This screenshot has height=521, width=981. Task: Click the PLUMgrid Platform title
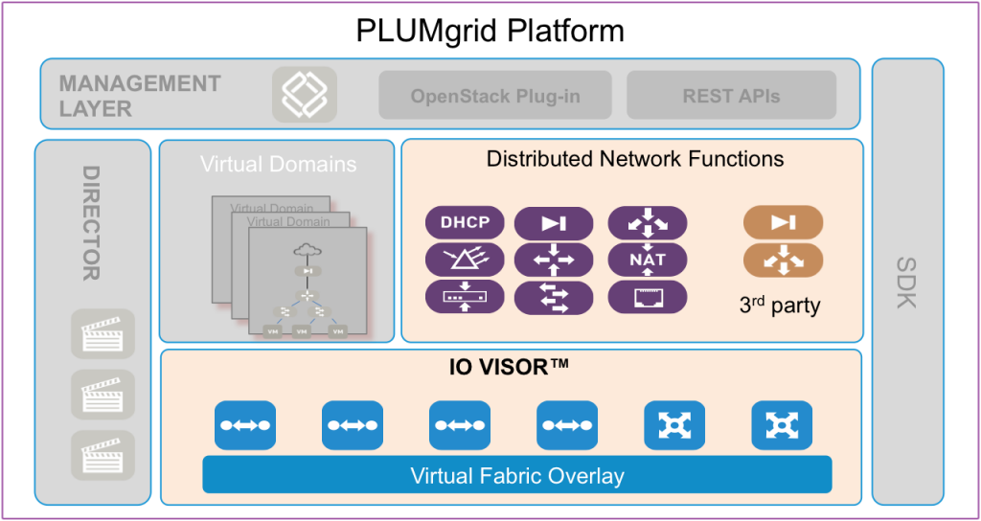490,31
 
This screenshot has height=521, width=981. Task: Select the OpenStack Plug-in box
495,96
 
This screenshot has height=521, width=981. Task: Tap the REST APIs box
731,96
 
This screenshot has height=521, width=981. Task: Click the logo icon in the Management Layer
304,94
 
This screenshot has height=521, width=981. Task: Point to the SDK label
906,283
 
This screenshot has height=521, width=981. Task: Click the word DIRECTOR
91,223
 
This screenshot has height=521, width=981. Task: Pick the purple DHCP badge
465,223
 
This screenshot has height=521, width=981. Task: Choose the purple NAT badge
648,260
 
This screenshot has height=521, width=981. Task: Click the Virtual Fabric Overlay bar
516,475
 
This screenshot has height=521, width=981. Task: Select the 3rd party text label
780,306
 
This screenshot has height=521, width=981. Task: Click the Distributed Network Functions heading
635,158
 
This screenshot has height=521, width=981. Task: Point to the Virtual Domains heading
278,164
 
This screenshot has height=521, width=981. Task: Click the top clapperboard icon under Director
103,334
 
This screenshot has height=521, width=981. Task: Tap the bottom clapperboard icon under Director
103,455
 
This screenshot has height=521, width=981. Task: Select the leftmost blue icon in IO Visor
245,425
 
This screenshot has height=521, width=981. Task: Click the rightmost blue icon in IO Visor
782,425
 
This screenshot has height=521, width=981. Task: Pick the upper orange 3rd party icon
783,223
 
